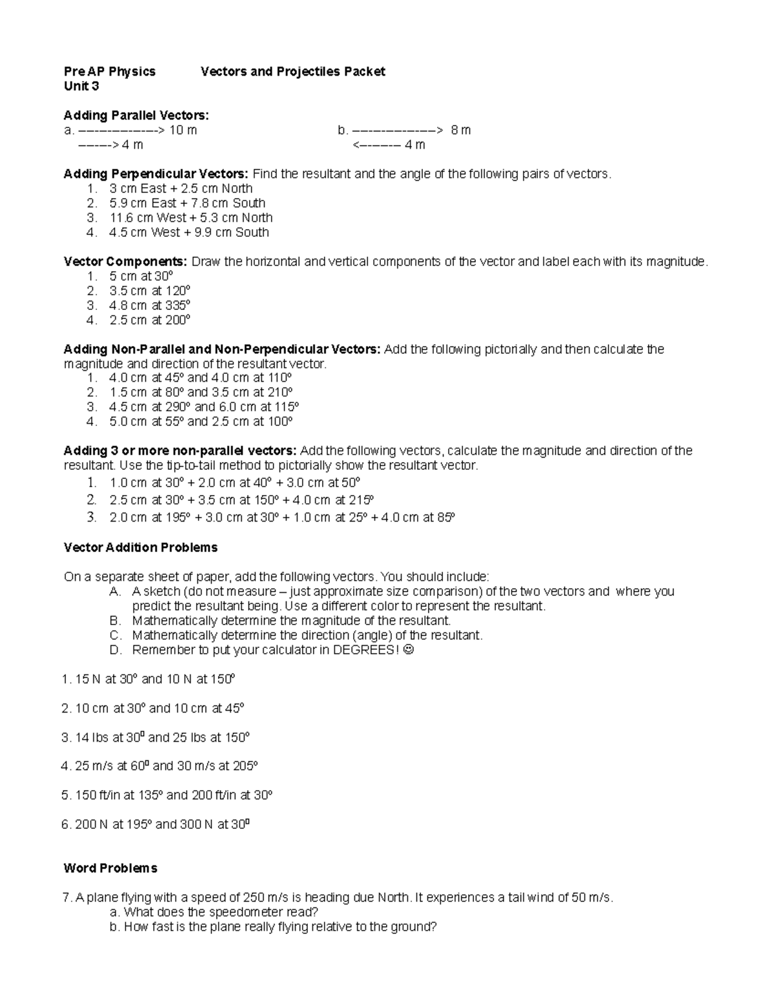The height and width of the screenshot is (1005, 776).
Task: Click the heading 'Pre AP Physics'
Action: click(109, 72)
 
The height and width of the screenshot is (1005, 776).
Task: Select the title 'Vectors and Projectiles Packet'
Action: click(292, 72)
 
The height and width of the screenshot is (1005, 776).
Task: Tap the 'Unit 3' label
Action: click(81, 86)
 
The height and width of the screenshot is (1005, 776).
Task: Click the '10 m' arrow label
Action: click(183, 131)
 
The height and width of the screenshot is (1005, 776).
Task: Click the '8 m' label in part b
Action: click(460, 131)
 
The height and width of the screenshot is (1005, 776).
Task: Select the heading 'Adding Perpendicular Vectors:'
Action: click(155, 174)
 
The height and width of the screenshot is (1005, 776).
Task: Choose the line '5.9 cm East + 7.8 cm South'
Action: click(188, 203)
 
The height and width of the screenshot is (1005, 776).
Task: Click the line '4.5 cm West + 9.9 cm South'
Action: click(189, 232)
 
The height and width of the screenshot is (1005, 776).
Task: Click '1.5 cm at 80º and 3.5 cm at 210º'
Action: click(201, 393)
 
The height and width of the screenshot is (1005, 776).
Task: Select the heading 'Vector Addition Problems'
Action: click(140, 548)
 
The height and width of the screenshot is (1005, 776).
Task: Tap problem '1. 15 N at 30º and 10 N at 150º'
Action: click(148, 679)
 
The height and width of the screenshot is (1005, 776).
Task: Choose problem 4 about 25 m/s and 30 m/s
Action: click(159, 766)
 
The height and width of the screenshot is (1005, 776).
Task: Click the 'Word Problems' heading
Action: click(111, 868)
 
